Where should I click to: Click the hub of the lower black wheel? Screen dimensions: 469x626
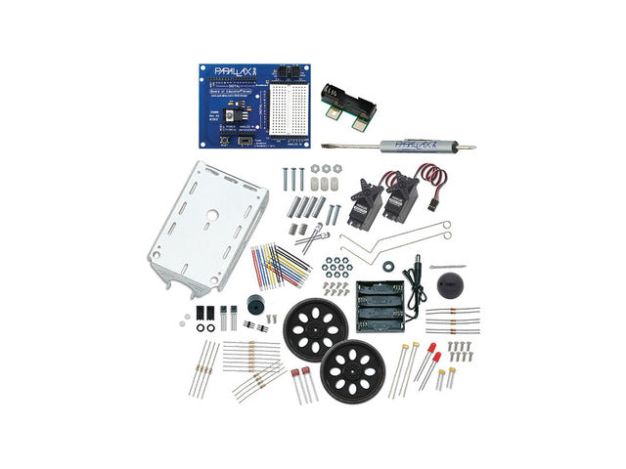point(349,370)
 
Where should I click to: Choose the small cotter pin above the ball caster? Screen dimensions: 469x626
point(446,268)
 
